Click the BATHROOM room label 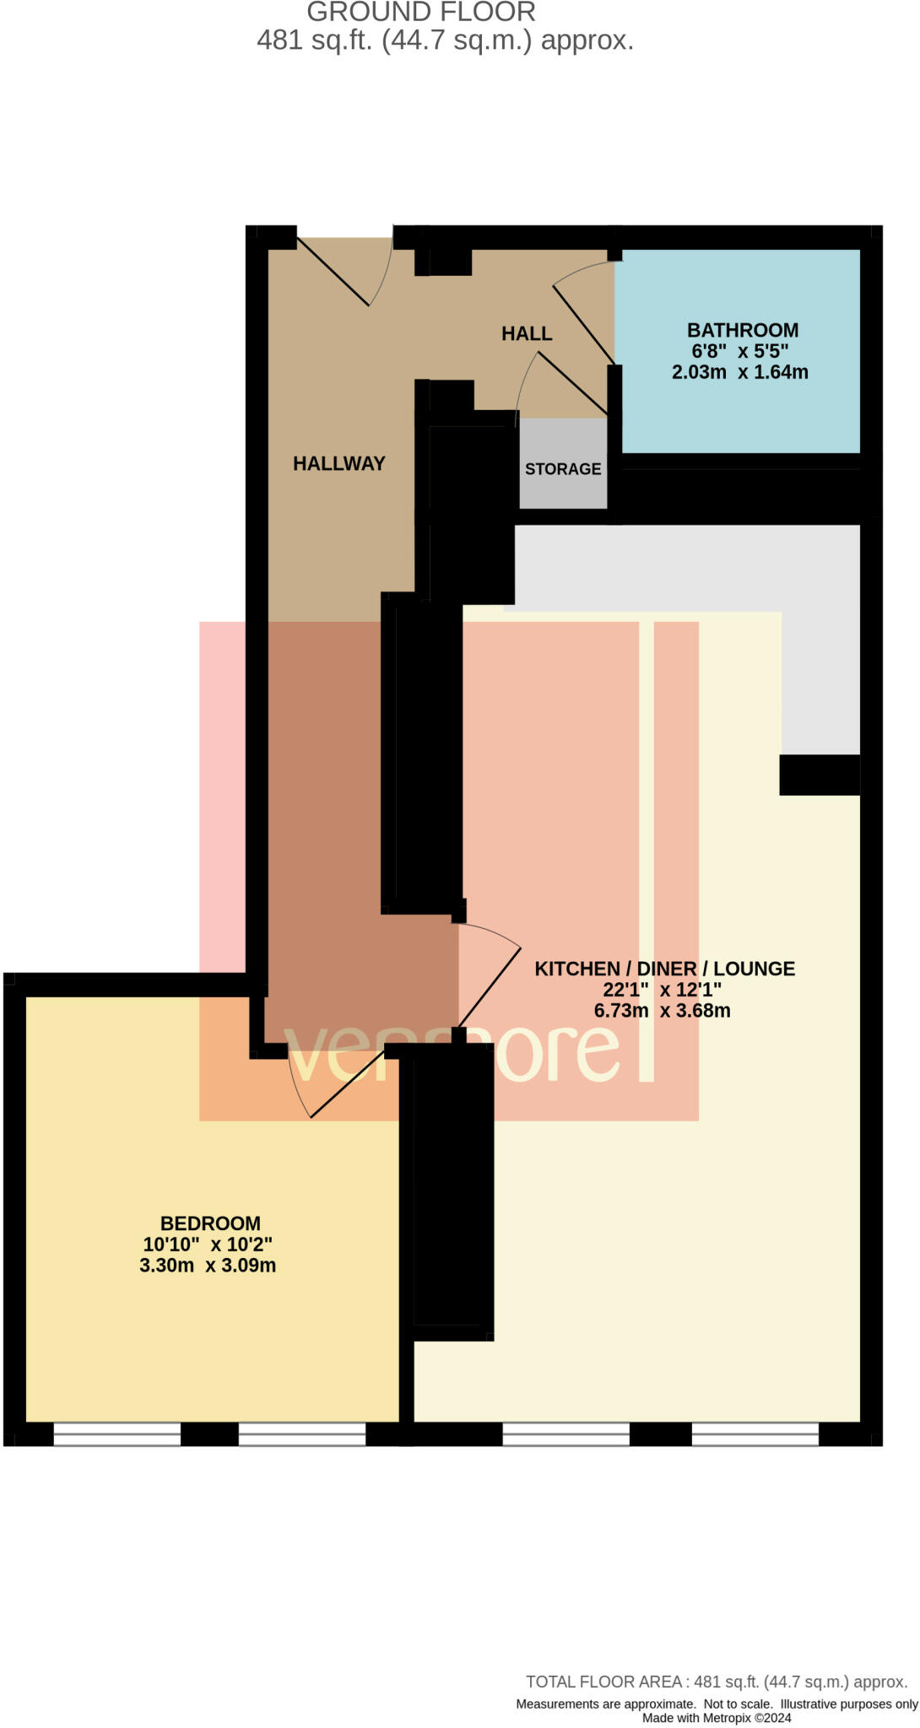tap(742, 330)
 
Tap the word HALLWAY tap(338, 463)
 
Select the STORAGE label tap(563, 469)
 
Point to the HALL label tap(527, 333)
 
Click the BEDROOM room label tap(210, 1223)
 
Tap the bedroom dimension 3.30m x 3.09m tap(208, 1265)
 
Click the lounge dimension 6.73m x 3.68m tap(662, 1010)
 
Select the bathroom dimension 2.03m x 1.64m tap(739, 372)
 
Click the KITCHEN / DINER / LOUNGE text tap(664, 969)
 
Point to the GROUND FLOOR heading tap(420, 13)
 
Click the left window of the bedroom tap(117, 1434)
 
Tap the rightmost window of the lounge tap(755, 1434)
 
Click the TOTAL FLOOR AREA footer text tap(716, 1682)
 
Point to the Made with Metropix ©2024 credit tap(716, 1718)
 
